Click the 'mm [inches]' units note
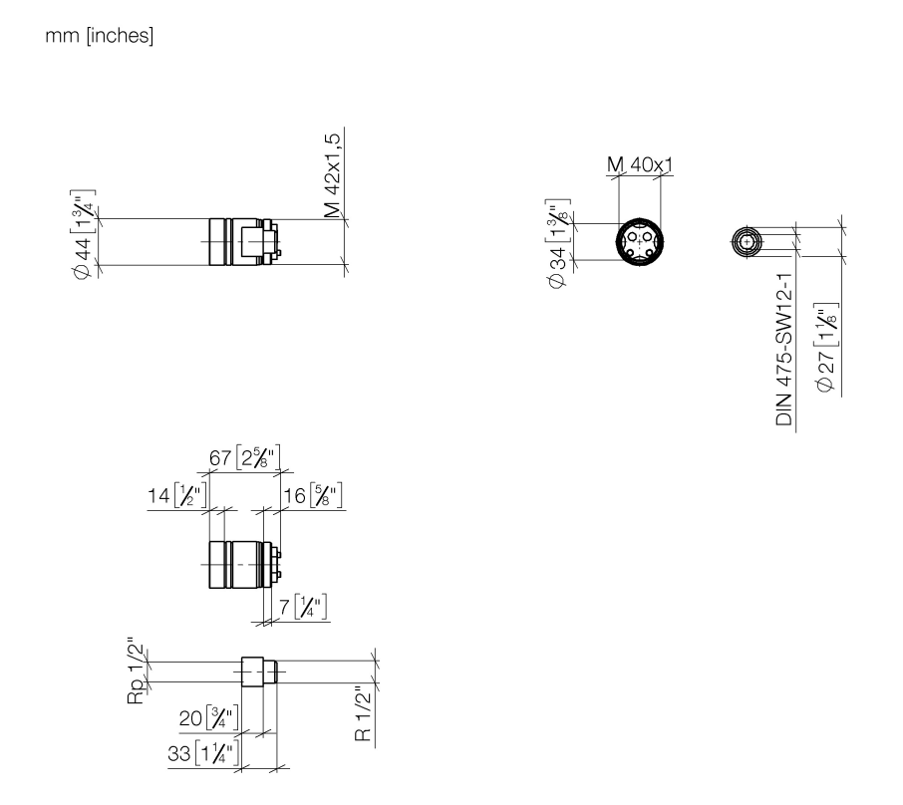[x=99, y=36]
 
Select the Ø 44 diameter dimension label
[x=83, y=234]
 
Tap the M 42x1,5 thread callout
[x=332, y=175]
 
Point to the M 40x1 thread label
[x=640, y=164]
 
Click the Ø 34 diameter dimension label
[x=557, y=243]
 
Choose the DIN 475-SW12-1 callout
[x=783, y=349]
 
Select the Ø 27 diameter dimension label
[x=826, y=348]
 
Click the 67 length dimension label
[x=245, y=457]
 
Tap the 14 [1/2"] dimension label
[x=176, y=495]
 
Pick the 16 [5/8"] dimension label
[x=313, y=495]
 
